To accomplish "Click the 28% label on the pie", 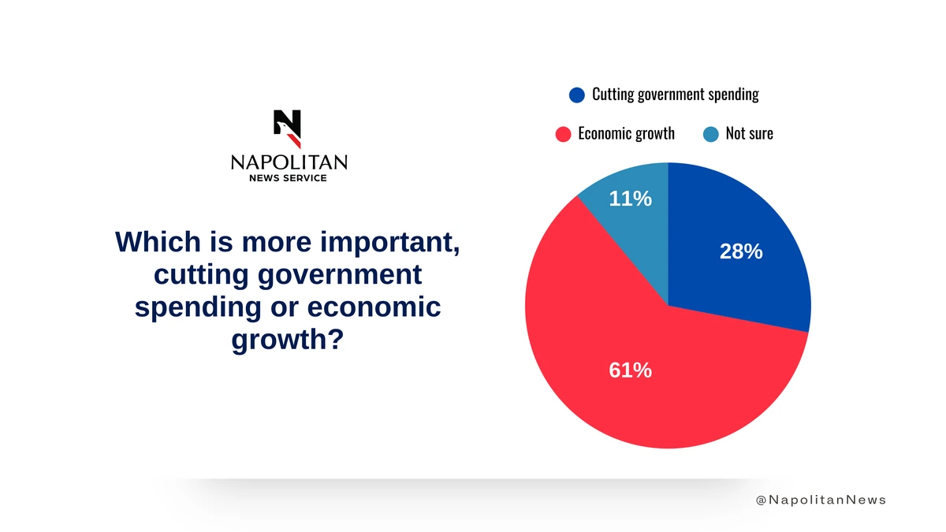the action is click(x=741, y=251).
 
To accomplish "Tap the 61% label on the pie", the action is click(x=630, y=370).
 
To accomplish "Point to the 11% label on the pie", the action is click(x=630, y=199).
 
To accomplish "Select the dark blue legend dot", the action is click(x=577, y=95).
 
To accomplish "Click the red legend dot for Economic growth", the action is click(x=563, y=134).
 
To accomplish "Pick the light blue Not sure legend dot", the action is click(x=711, y=134).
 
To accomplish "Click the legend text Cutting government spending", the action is click(x=676, y=95).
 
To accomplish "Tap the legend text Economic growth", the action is click(x=626, y=134).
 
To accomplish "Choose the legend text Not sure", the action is click(x=749, y=133).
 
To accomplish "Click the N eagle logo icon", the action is click(x=287, y=128).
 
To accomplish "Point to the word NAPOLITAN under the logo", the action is click(x=289, y=162).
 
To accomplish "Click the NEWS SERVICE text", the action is click(x=288, y=178).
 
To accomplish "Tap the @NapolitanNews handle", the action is click(x=821, y=500).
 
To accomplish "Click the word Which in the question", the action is click(x=158, y=242).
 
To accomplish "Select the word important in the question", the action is click(x=389, y=243).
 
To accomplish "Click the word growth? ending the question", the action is click(x=288, y=340).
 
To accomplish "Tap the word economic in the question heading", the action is click(x=374, y=307).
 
